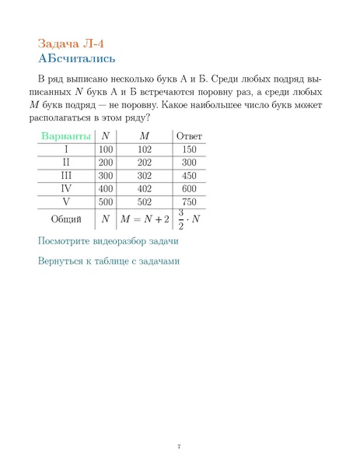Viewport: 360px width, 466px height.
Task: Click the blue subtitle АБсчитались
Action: (77, 58)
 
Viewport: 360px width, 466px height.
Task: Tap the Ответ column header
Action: (189, 136)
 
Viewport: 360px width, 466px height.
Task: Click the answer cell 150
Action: (189, 149)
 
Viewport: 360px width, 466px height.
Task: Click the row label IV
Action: (66, 188)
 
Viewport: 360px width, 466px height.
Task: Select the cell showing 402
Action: (145, 188)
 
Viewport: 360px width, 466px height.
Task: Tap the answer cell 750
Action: (189, 201)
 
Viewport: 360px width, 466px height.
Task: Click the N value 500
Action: (106, 201)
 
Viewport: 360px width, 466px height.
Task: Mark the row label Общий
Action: (66, 219)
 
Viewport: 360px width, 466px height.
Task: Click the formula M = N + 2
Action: (145, 219)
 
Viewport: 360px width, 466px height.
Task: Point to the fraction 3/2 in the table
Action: (180, 219)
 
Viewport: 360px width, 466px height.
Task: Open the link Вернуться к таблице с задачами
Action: (108, 261)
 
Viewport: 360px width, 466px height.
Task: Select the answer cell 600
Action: (189, 188)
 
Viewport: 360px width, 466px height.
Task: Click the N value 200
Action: (106, 163)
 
